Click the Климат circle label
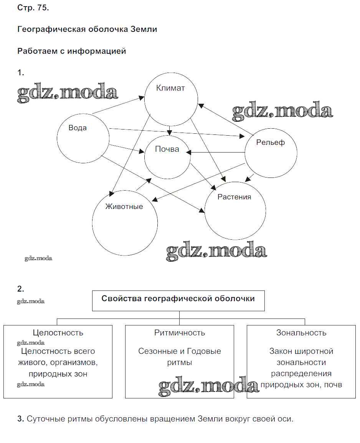coord(170,88)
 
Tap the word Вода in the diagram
coord(78,128)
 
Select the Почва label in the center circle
coord(167,149)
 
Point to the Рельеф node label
coord(271,143)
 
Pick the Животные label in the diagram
coord(124,207)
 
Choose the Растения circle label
coord(234,197)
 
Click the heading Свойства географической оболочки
coord(178,299)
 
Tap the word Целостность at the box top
coord(58,333)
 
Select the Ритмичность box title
coord(180,333)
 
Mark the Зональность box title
coord(301,333)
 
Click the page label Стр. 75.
coord(33,8)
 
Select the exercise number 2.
coord(21,289)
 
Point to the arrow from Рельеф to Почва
coord(217,153)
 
